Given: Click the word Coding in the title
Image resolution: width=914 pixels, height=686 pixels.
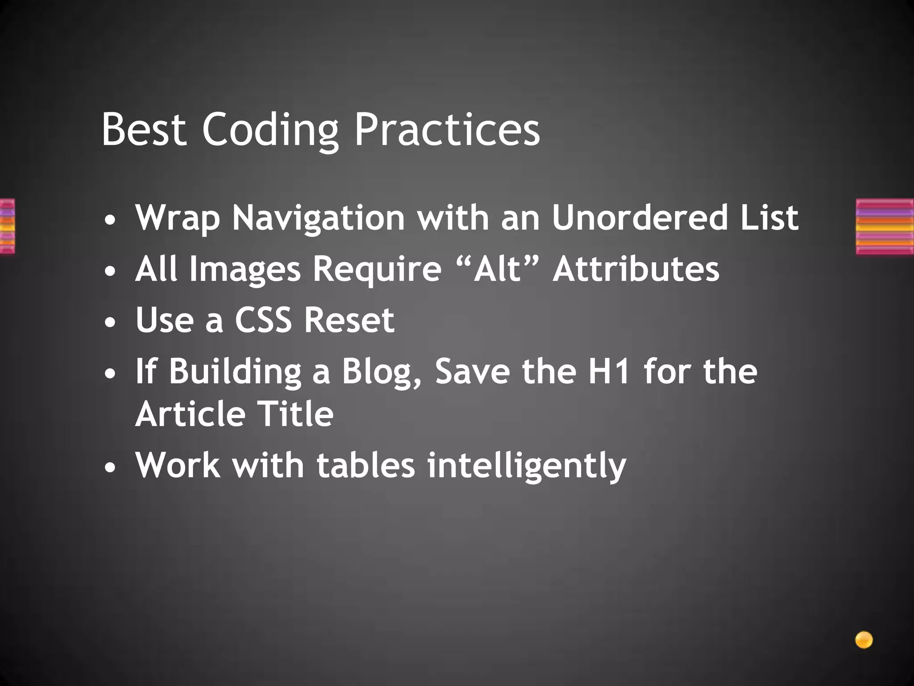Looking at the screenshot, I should pyautogui.click(x=270, y=130).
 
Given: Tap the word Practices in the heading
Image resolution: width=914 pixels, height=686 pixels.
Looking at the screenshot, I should pyautogui.click(x=447, y=130).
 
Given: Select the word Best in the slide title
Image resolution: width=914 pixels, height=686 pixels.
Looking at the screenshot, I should pyautogui.click(x=144, y=130).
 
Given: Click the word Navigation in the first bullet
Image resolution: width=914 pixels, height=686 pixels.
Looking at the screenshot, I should pyautogui.click(x=319, y=218).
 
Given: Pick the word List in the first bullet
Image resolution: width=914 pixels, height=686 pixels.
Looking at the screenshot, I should pyautogui.click(x=769, y=218).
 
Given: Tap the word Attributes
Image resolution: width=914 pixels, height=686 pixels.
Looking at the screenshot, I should pyautogui.click(x=636, y=269).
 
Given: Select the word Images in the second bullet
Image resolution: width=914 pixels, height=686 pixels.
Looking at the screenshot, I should pyautogui.click(x=245, y=270).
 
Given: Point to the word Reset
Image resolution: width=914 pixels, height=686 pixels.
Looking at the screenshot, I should pyautogui.click(x=349, y=320).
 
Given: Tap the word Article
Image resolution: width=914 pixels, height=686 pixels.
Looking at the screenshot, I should pyautogui.click(x=190, y=414).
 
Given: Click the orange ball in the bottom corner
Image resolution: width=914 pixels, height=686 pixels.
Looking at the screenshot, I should pyautogui.click(x=864, y=640).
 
